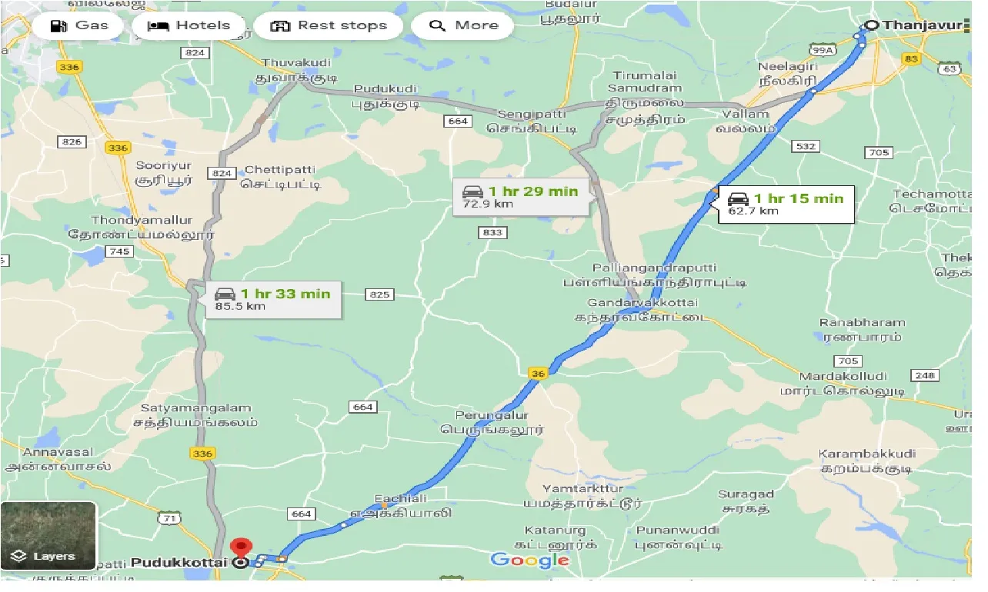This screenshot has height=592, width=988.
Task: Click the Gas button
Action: [79, 25]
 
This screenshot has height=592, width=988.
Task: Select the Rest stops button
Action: [328, 25]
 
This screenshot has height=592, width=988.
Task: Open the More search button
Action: [463, 25]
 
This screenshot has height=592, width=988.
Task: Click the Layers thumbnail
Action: [48, 536]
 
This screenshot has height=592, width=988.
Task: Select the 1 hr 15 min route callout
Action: [786, 204]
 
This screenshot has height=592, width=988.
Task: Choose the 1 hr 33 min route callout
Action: [272, 299]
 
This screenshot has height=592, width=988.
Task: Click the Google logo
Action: [530, 560]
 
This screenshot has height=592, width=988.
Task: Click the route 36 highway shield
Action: [538, 374]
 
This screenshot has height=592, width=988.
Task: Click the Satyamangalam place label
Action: [195, 408]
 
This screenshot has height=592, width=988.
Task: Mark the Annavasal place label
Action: [58, 452]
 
